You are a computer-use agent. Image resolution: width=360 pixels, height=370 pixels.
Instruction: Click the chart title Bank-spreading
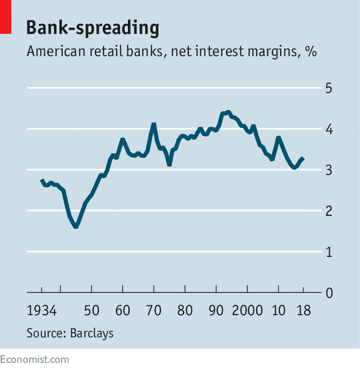pyautogui.click(x=93, y=28)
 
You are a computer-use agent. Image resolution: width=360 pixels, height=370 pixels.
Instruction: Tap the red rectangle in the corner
pyautogui.click(x=5, y=17)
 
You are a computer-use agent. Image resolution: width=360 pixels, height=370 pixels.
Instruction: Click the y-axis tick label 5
pyautogui.click(x=329, y=88)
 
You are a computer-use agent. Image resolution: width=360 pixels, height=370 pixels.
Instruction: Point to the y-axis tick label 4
pyautogui.click(x=329, y=129)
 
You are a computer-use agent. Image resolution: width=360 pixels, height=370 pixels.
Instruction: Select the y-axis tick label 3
pyautogui.click(x=329, y=170)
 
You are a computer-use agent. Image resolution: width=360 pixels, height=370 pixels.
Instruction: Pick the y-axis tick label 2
pyautogui.click(x=329, y=211)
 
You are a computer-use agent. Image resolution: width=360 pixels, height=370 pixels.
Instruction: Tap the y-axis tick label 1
pyautogui.click(x=329, y=252)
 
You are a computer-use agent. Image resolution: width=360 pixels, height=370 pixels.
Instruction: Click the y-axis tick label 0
pyautogui.click(x=329, y=293)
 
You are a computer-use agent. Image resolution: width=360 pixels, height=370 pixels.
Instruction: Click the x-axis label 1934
pyautogui.click(x=42, y=311)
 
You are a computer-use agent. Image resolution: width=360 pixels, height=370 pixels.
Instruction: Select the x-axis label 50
pyautogui.click(x=92, y=311)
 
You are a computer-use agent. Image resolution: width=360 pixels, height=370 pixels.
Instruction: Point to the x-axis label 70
pyautogui.click(x=154, y=311)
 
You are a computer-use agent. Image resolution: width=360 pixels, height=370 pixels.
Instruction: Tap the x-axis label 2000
pyautogui.click(x=247, y=311)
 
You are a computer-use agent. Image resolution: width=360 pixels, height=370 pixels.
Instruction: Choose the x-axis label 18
pyautogui.click(x=304, y=311)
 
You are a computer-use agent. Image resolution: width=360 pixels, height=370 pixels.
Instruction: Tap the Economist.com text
pyautogui.click(x=34, y=359)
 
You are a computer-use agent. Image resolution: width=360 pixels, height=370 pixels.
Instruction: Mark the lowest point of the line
pyautogui.click(x=76, y=227)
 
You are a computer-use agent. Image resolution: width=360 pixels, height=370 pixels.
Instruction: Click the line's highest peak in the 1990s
pyautogui.click(x=228, y=112)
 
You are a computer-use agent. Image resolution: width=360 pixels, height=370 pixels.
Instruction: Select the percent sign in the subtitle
pyautogui.click(x=311, y=51)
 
